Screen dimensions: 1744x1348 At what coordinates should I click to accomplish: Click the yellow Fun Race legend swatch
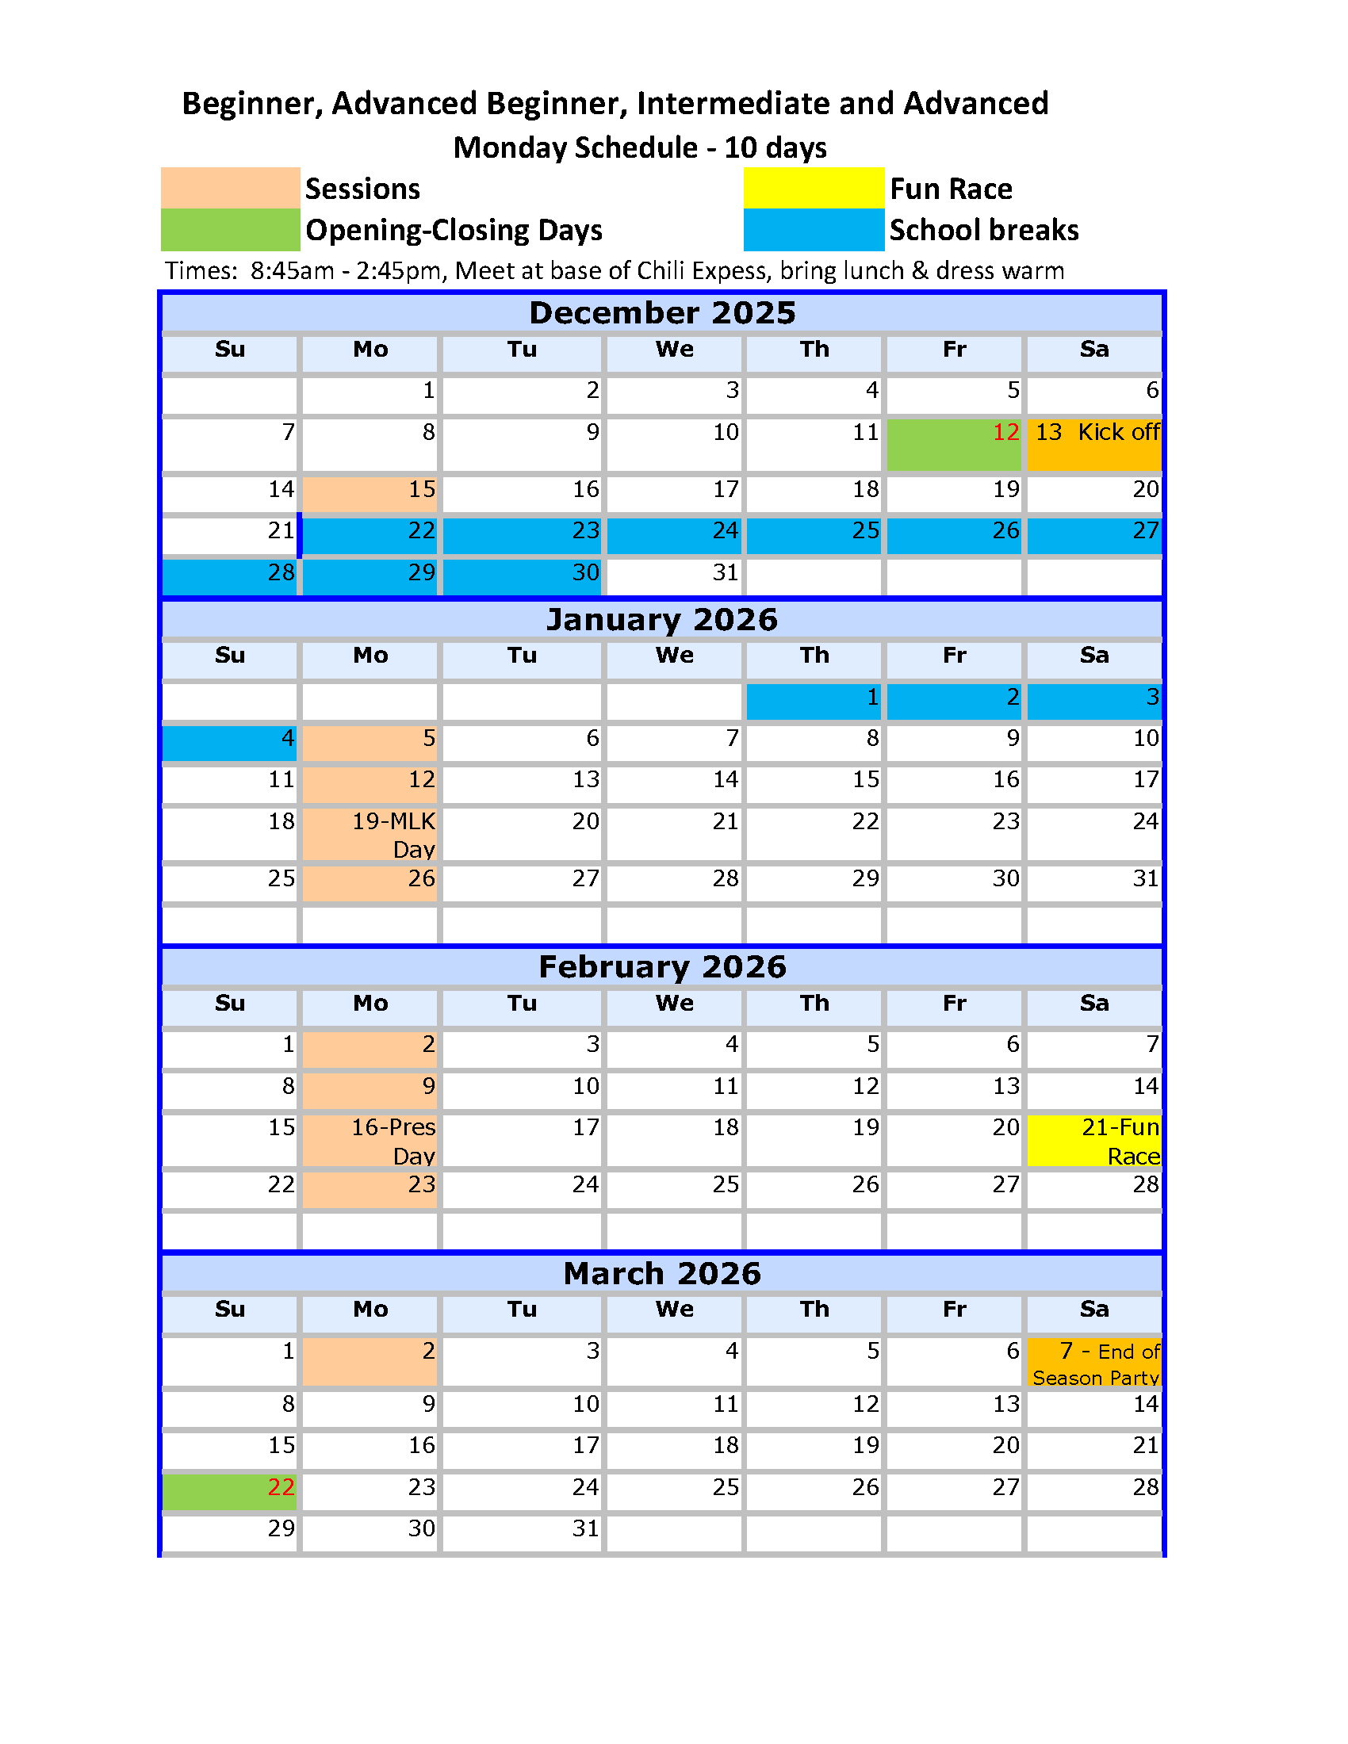813,188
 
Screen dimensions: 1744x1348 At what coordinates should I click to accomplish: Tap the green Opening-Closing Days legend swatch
230,230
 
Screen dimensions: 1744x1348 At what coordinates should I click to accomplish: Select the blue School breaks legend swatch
813,230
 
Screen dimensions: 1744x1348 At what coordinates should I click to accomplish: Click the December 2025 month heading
662,312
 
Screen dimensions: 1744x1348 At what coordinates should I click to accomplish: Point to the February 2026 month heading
662,966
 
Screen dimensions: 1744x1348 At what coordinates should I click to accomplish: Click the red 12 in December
1005,433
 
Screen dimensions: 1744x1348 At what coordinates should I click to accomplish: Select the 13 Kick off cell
1094,444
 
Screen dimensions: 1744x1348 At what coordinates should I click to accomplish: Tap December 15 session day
370,490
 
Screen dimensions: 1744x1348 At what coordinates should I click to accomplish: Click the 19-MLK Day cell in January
370,835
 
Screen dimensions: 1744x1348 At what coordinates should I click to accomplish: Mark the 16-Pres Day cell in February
370,1141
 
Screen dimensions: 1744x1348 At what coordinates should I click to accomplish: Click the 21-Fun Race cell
1094,1141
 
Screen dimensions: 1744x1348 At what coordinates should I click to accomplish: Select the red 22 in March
281,1487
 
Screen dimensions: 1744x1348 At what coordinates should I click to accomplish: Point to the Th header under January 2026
814,656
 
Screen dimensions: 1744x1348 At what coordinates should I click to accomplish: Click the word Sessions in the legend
362,189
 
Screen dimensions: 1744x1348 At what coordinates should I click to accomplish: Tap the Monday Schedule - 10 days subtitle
640,147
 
